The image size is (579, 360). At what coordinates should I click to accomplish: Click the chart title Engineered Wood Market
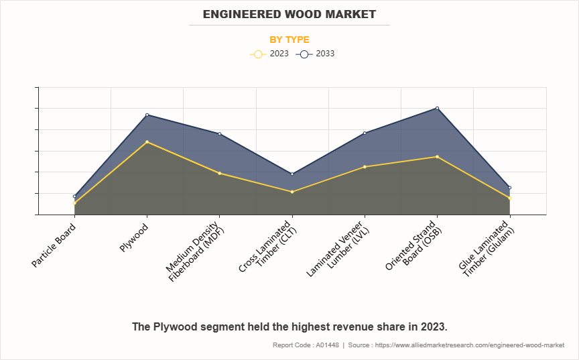[289, 14]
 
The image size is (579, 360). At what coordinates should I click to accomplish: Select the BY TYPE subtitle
[289, 40]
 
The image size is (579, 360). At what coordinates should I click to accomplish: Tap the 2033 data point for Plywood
[147, 115]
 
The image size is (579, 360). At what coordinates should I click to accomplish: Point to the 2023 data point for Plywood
[147, 141]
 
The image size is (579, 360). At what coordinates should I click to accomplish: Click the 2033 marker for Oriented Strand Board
[437, 108]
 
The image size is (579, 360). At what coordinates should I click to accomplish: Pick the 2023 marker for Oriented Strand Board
[437, 157]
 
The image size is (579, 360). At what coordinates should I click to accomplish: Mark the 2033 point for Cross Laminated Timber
[292, 174]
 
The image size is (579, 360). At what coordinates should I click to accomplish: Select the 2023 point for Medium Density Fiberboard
[219, 173]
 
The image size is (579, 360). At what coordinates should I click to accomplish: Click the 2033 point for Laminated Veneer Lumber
[365, 133]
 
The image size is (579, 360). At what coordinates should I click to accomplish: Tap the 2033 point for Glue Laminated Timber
[509, 187]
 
